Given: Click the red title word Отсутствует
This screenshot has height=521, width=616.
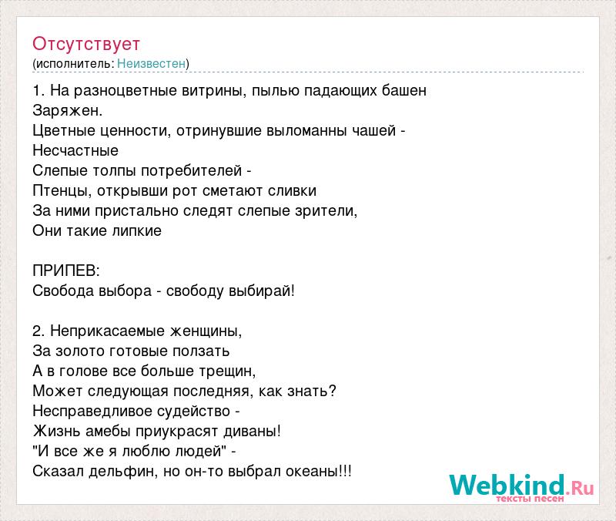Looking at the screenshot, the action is click(x=86, y=44).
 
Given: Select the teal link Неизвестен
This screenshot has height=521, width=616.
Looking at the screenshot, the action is click(x=151, y=63).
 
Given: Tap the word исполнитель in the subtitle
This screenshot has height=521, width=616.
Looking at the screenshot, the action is click(x=75, y=64).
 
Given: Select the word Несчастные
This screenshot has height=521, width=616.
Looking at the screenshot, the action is click(x=75, y=150).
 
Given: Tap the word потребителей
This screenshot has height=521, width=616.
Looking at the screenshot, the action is click(x=191, y=170).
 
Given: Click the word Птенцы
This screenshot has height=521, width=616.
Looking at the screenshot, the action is click(x=61, y=190).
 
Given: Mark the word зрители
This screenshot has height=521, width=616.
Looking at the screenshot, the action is click(x=324, y=210).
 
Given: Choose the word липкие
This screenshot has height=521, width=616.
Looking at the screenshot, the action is click(x=137, y=230).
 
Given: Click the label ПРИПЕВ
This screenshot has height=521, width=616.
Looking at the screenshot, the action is click(x=64, y=271).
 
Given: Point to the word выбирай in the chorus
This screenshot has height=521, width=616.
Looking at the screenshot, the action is click(x=259, y=291).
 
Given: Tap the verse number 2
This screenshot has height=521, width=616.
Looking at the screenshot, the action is click(x=38, y=331).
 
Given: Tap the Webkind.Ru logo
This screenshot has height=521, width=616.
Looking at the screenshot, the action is click(x=521, y=488).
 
